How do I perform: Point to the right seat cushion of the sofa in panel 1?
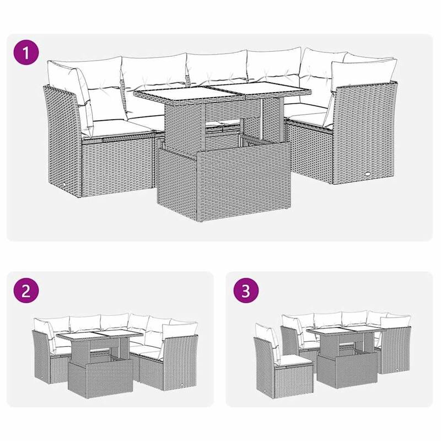(309, 114)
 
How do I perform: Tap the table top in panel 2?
(99, 342)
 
